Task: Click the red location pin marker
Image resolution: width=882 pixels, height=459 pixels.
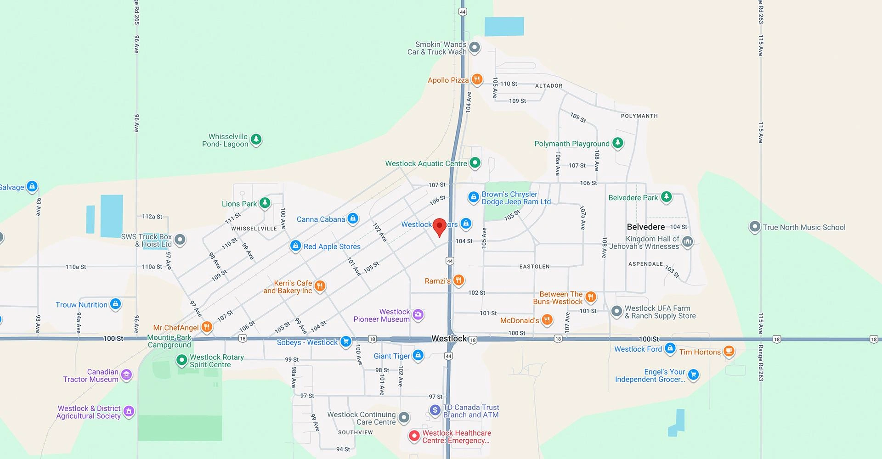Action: click(440, 226)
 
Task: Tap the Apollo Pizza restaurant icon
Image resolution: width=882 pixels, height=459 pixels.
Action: click(477, 79)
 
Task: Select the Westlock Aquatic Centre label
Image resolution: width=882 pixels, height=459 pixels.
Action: click(426, 163)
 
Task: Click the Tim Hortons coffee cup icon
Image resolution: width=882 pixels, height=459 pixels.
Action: click(729, 351)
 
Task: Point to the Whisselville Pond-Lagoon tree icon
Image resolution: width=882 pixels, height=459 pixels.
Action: click(256, 139)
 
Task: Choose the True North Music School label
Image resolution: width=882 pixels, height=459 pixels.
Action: click(804, 227)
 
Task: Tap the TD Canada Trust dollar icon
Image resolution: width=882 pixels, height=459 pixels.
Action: click(435, 410)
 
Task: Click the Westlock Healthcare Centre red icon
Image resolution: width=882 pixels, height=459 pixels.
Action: click(414, 436)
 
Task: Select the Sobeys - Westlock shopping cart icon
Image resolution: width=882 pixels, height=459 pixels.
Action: click(345, 341)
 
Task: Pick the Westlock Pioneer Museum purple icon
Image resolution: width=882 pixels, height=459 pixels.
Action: click(418, 314)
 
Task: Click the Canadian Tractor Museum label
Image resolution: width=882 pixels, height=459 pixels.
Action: click(91, 375)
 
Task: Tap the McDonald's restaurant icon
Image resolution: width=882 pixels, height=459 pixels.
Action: click(547, 319)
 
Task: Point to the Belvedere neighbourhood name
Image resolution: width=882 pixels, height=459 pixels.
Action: click(645, 227)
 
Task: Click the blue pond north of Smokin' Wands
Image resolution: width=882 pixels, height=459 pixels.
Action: click(504, 27)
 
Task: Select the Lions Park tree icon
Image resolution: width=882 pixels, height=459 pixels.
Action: click(265, 202)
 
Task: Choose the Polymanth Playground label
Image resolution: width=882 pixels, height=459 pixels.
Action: click(571, 144)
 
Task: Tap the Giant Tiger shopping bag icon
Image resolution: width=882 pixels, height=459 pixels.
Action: click(418, 355)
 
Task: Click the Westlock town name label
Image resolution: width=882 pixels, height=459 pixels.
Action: click(449, 338)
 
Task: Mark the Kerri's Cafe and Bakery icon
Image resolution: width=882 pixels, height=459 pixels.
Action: click(320, 286)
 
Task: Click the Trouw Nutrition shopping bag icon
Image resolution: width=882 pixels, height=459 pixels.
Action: click(115, 304)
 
